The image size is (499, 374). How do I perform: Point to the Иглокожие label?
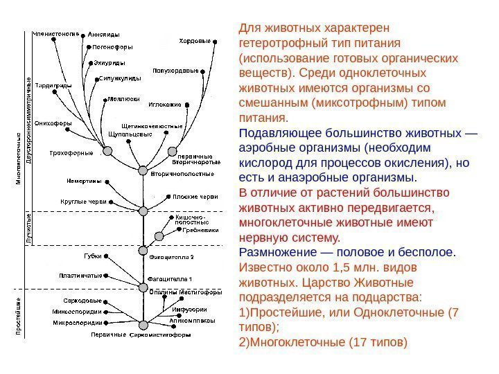coord(165,105)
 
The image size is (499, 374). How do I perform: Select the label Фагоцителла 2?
coord(171,256)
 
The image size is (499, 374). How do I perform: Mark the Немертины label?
coord(84,181)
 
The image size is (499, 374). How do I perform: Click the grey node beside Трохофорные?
coord(107,150)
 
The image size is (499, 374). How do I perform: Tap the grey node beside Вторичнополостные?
coord(143,170)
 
